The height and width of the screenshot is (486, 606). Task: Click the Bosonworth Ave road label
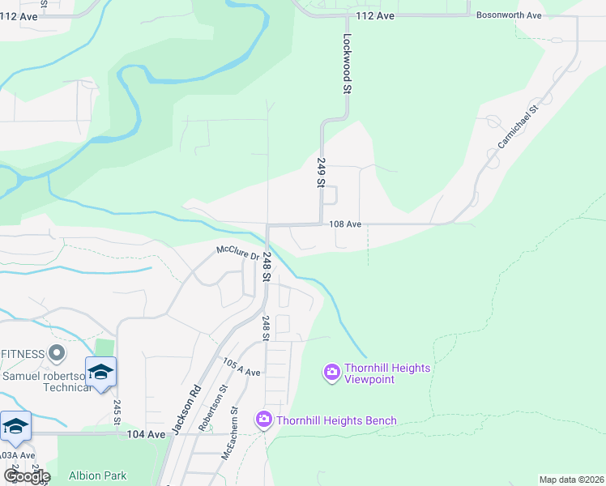click(509, 15)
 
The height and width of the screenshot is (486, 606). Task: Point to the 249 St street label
click(322, 173)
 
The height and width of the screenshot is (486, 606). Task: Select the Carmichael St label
click(518, 126)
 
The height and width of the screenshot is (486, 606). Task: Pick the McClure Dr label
click(237, 253)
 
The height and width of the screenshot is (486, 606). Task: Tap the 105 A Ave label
click(242, 369)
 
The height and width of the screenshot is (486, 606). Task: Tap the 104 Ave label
click(146, 434)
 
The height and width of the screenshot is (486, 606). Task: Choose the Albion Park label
click(98, 475)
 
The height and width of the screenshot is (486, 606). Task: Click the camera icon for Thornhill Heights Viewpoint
click(331, 373)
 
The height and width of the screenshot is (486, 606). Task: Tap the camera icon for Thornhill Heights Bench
click(263, 420)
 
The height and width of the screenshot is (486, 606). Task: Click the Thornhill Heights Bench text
click(336, 420)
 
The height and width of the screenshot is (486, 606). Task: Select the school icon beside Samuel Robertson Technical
click(100, 371)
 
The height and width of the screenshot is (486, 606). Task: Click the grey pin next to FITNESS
click(57, 353)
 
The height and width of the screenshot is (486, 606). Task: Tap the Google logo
click(27, 476)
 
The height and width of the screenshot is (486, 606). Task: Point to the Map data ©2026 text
click(571, 480)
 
